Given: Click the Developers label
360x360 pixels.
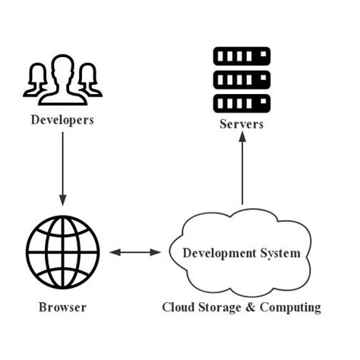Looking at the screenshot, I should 62,119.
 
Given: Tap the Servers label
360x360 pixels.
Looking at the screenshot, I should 241,124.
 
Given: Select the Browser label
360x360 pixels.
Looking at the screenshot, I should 62,308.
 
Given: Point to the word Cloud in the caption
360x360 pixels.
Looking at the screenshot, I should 178,308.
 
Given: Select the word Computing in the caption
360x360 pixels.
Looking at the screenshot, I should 291,308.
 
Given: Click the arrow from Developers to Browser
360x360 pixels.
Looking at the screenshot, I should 62,171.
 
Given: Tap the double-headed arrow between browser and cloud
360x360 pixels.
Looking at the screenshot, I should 134,251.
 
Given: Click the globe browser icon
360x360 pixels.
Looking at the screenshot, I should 62,251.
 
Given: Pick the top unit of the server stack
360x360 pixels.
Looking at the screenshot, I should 242,55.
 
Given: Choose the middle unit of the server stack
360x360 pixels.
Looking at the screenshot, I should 242,78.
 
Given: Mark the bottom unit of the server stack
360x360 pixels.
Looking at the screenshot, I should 242,101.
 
